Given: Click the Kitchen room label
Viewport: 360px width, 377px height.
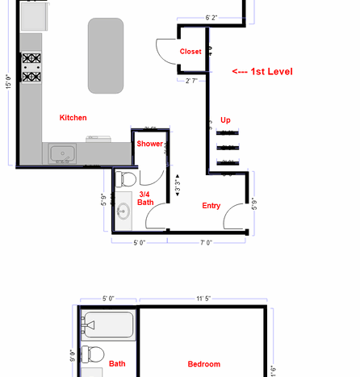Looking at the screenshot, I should click(x=73, y=118).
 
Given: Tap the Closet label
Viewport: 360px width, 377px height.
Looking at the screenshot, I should click(x=190, y=52).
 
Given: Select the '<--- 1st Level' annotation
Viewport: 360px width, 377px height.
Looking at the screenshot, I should click(x=262, y=72).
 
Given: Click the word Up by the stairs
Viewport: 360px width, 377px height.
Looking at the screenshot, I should click(x=226, y=120).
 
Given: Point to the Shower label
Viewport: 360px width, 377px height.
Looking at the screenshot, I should click(x=149, y=144).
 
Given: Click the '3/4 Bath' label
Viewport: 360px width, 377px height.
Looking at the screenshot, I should click(x=145, y=199).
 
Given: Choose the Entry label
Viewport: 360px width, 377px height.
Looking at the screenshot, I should click(x=211, y=206).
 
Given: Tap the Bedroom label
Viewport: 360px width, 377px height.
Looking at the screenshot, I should click(x=203, y=364).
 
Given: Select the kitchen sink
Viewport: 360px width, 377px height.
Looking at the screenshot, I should click(x=62, y=153).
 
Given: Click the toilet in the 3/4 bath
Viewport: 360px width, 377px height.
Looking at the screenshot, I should click(x=126, y=178).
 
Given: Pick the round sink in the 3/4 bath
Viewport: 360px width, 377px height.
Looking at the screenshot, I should click(x=123, y=211).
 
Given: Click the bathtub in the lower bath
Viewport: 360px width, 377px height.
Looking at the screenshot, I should click(x=108, y=325).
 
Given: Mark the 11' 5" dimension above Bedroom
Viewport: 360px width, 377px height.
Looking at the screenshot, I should click(x=203, y=299).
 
